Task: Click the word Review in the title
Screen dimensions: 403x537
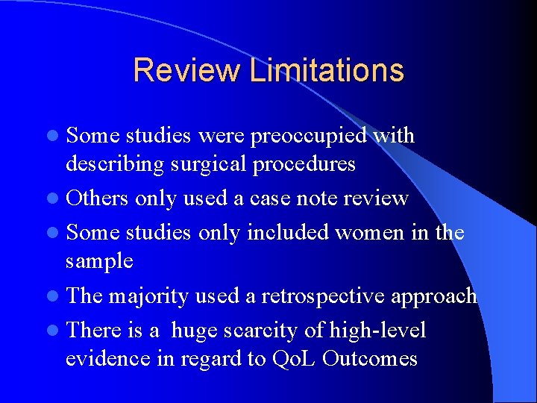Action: [x=186, y=70]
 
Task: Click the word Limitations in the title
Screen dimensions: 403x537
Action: [x=327, y=70]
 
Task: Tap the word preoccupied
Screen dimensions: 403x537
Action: [x=309, y=136]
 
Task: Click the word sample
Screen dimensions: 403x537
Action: [x=99, y=260]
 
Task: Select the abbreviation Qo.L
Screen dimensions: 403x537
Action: [x=298, y=358]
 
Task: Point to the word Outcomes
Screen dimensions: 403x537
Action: [x=371, y=358]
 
